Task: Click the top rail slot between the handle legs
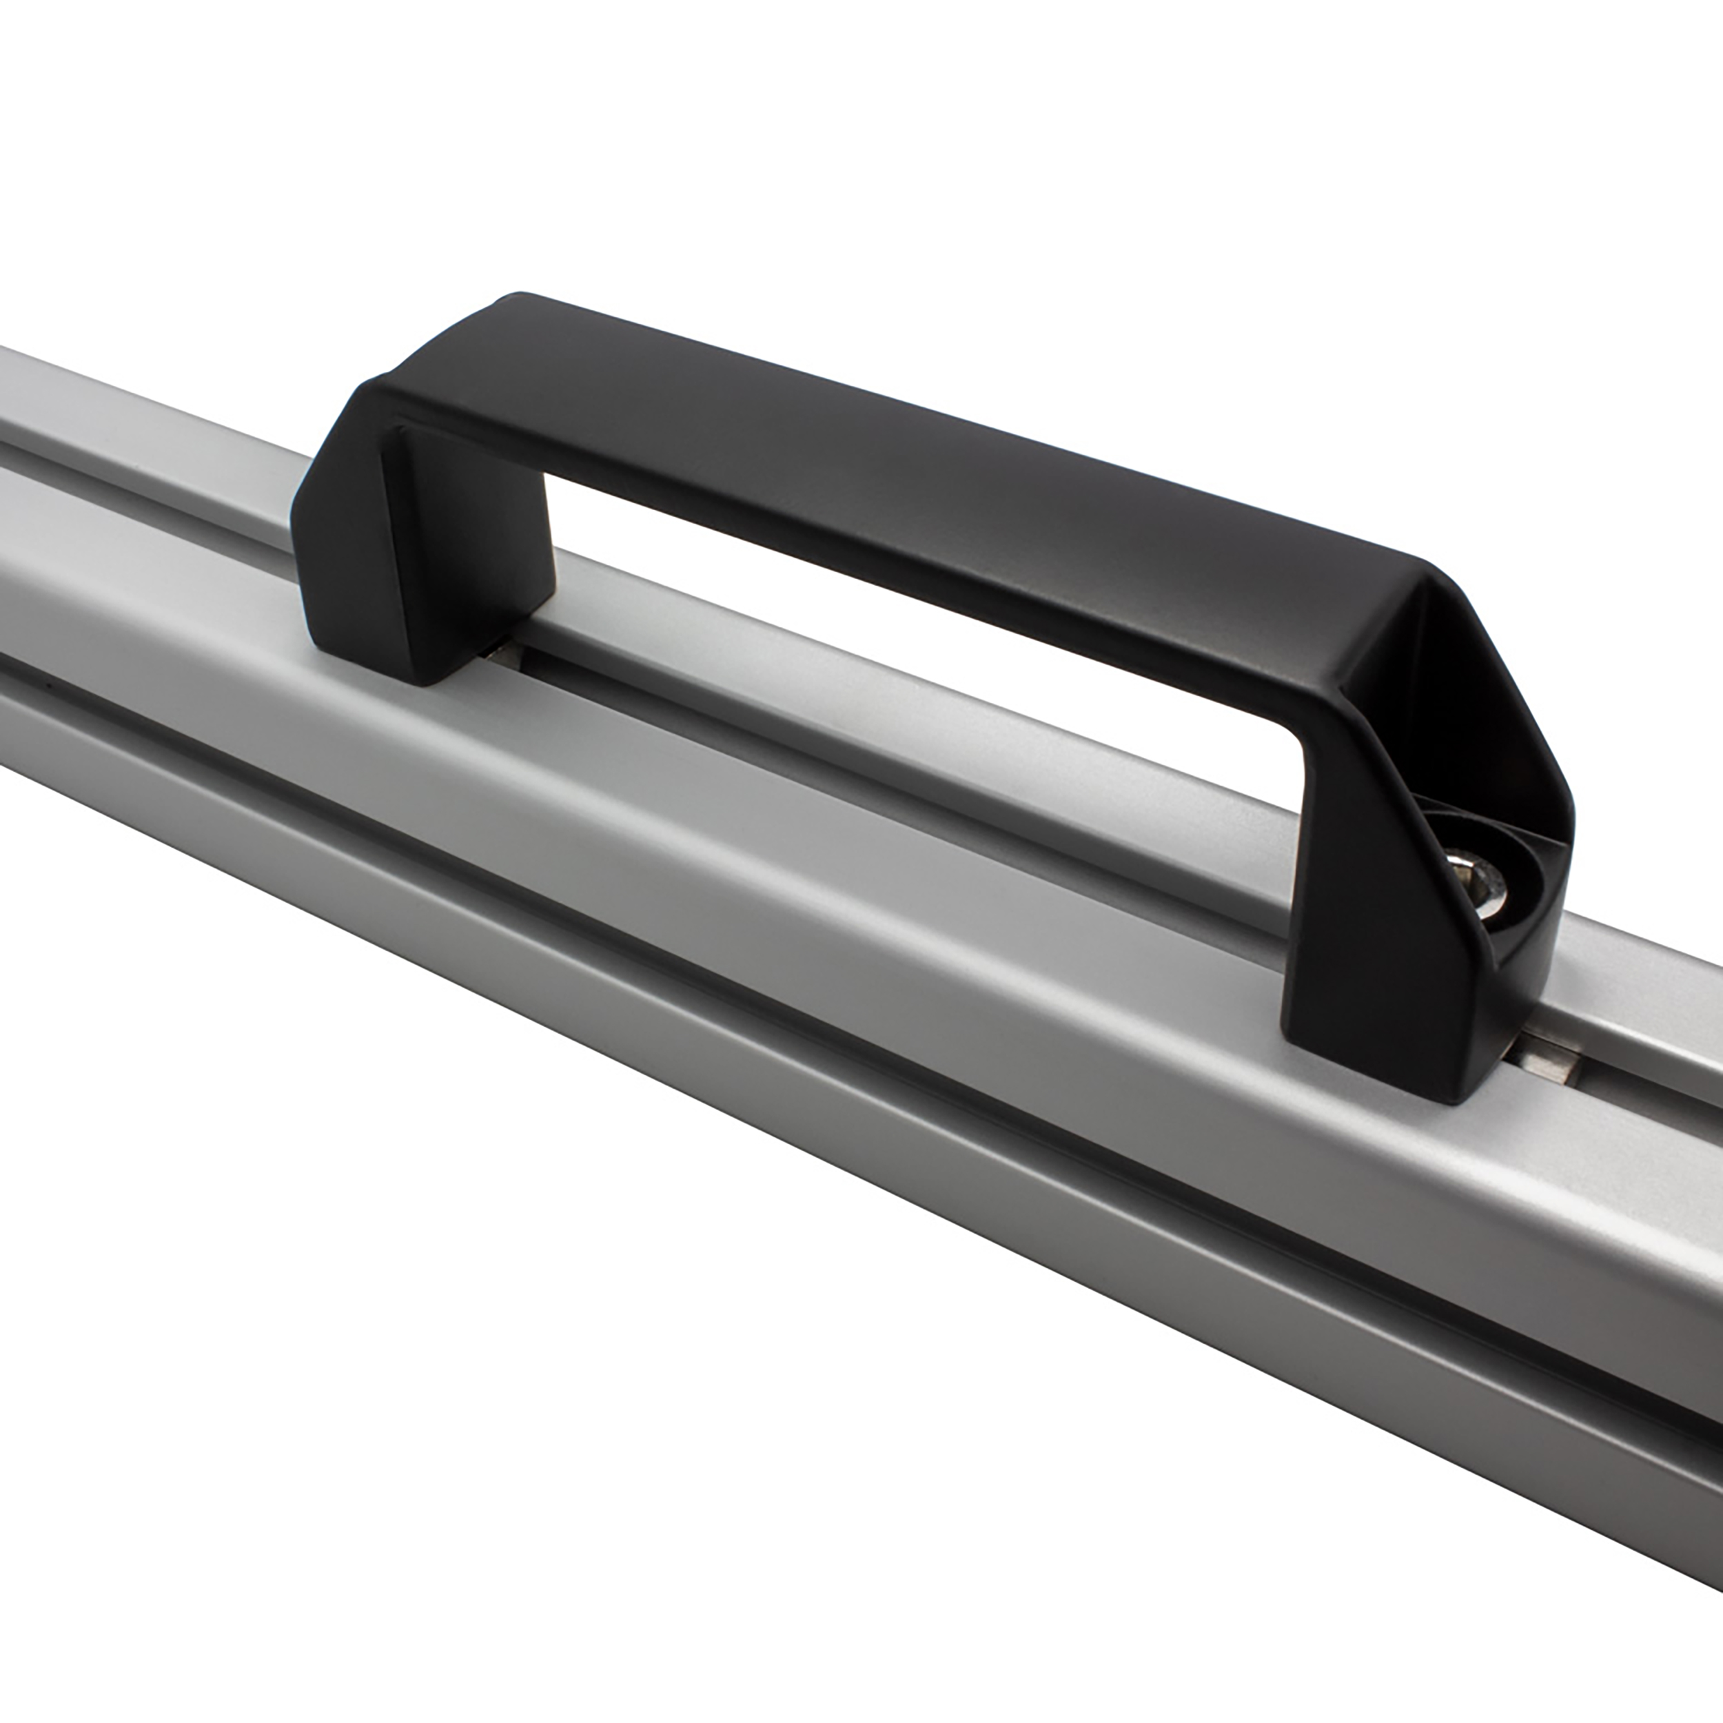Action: point(892,740)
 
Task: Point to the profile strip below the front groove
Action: point(803,1070)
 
